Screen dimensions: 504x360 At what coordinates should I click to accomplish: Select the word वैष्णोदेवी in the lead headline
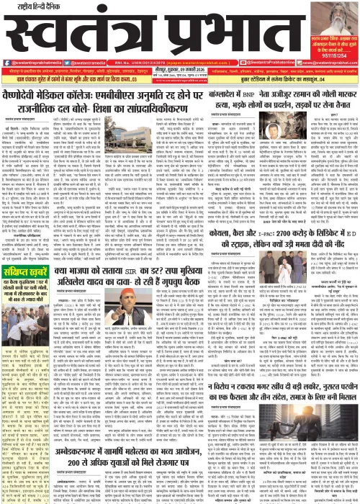33,95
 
